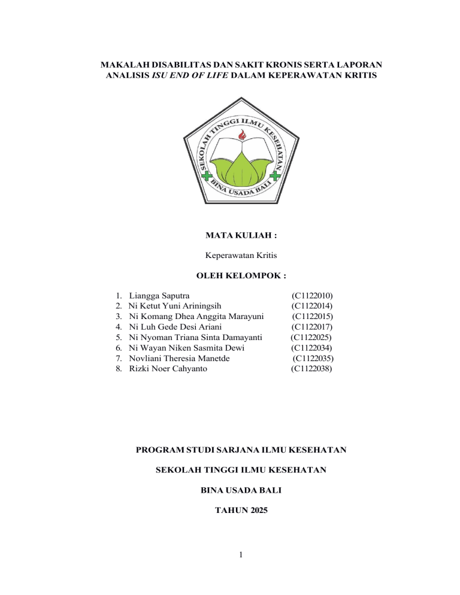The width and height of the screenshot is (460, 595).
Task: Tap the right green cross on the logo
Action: pyautogui.click(x=274, y=175)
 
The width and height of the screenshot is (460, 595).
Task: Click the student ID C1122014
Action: pyautogui.click(x=312, y=305)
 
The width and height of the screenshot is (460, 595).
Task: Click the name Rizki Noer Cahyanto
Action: pyautogui.click(x=168, y=369)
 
